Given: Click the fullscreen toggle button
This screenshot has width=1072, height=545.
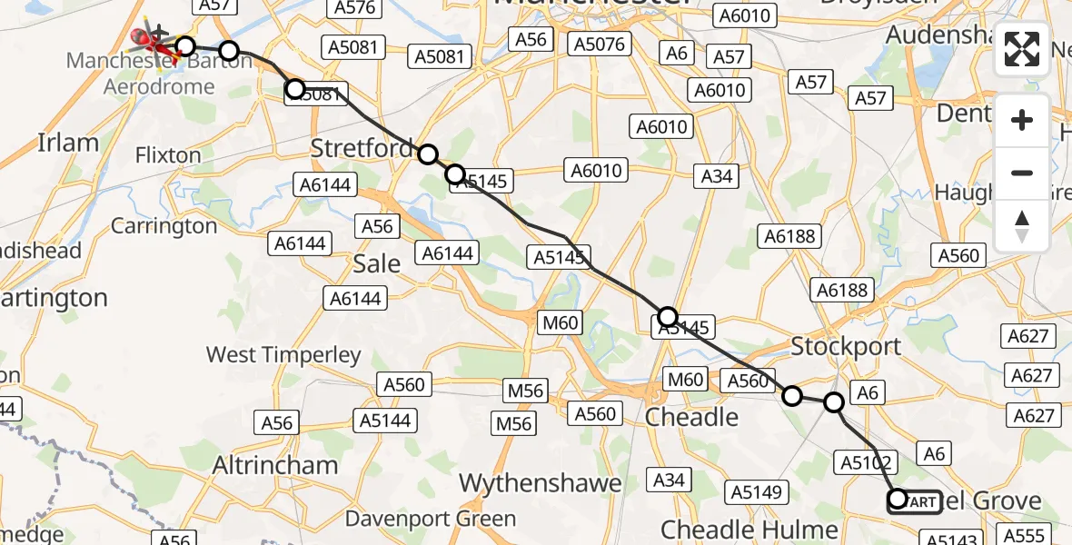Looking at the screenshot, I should click(x=1022, y=49).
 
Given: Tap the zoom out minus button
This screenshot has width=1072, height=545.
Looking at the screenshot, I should click(x=1022, y=173).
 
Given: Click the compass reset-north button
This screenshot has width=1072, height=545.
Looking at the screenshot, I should click(x=1022, y=225).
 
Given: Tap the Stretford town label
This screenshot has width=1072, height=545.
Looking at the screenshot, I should click(x=362, y=148).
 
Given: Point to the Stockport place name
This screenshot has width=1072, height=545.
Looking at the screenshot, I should click(x=846, y=346).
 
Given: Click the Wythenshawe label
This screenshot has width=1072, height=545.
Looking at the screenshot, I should click(x=541, y=483).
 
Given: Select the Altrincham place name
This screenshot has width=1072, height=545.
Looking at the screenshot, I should click(x=274, y=465).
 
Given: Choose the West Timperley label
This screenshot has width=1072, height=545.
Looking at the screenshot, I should click(x=283, y=354).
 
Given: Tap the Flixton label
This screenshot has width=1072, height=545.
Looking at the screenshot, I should click(x=167, y=155).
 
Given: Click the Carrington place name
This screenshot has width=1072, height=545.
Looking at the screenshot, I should click(x=164, y=225).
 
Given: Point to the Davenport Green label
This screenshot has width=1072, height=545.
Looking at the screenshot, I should click(x=431, y=520).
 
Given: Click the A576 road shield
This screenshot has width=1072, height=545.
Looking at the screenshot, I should click(x=355, y=7).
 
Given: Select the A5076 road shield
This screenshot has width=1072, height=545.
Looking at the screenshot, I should click(x=597, y=43).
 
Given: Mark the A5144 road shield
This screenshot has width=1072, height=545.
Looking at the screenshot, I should click(x=385, y=420).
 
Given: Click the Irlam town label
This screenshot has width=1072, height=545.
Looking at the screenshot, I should click(x=68, y=143).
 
